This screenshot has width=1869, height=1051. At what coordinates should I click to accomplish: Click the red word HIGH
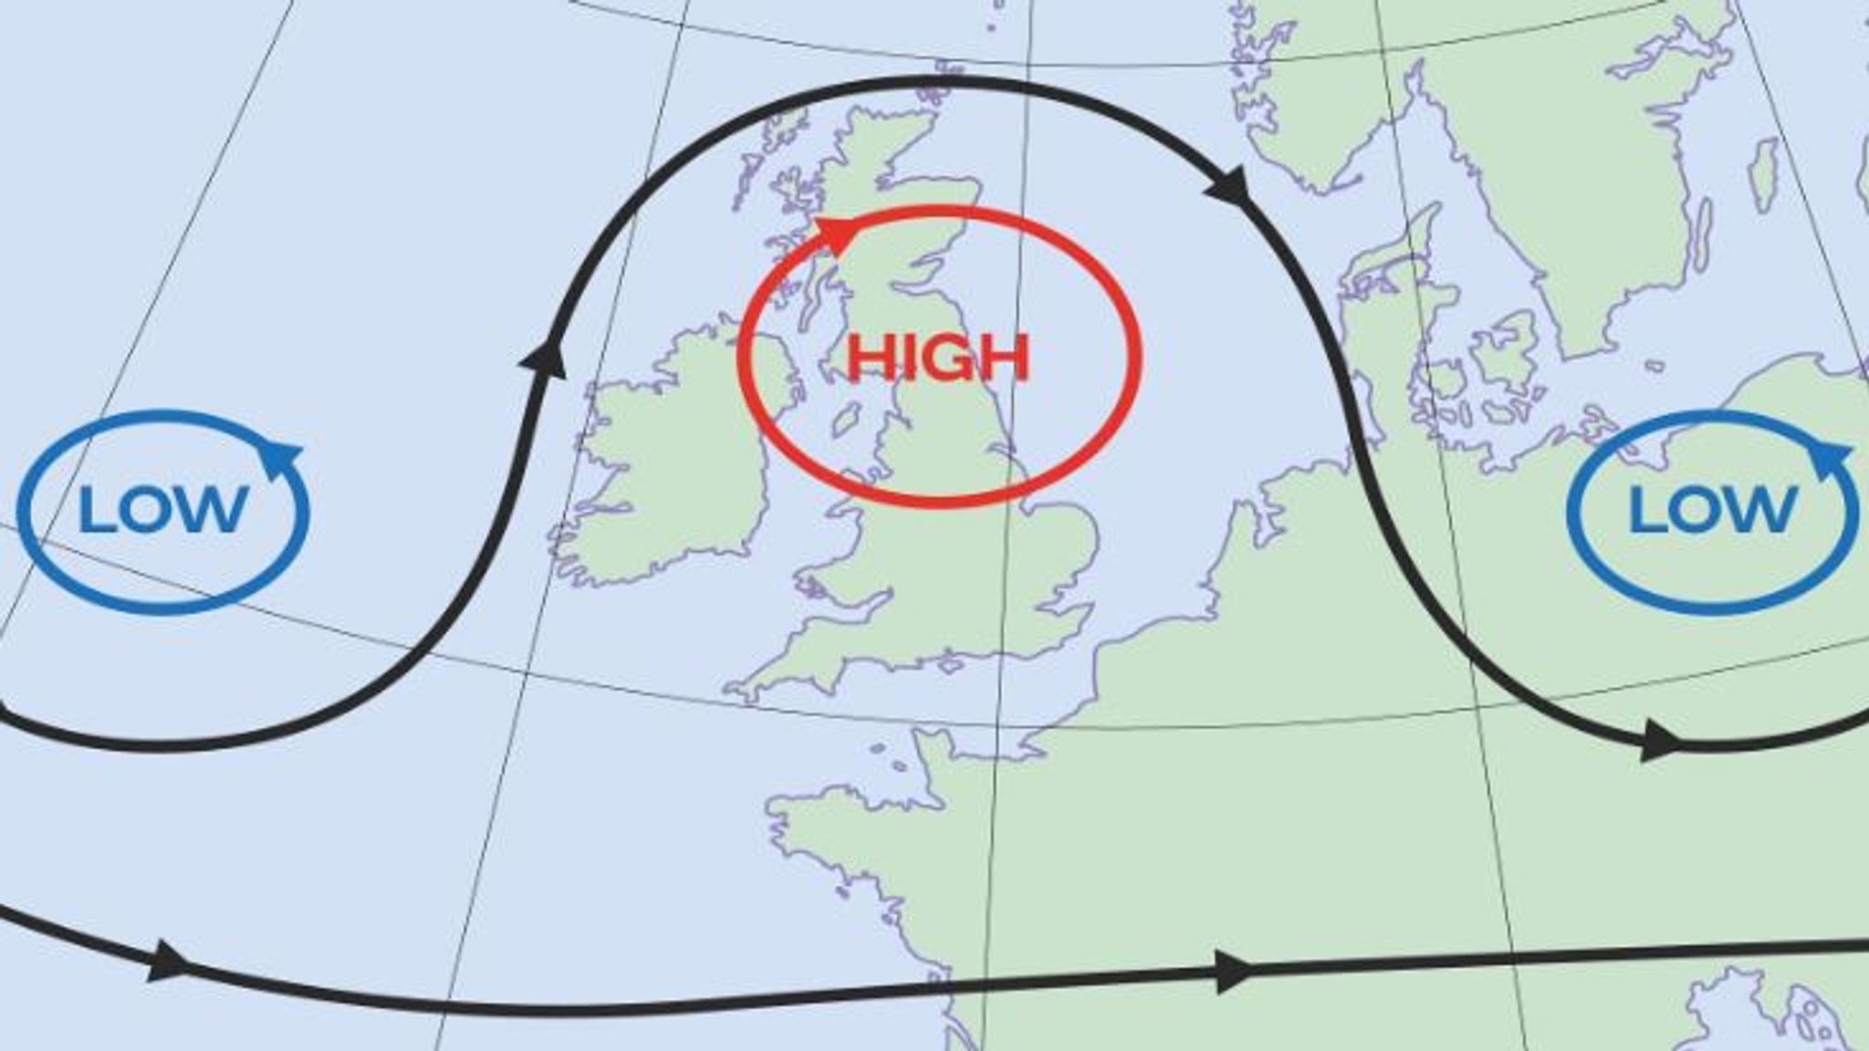(x=938, y=357)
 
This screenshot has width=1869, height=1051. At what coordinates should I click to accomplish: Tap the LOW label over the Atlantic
(x=162, y=509)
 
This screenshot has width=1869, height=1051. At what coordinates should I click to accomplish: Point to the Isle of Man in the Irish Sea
(x=847, y=421)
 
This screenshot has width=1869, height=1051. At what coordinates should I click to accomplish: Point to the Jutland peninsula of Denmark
(x=1369, y=310)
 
